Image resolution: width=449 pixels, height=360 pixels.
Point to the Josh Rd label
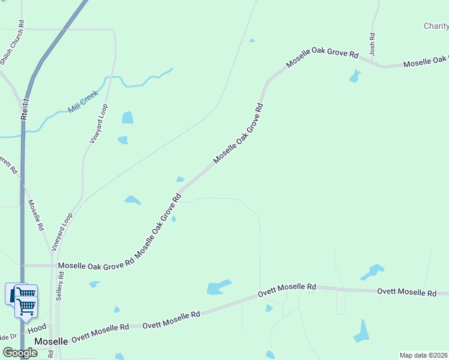pyautogui.click(x=372, y=45)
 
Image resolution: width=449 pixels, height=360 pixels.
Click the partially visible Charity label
pyautogui.click(x=436, y=26)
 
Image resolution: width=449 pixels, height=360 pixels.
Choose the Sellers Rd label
pyautogui.click(x=61, y=281)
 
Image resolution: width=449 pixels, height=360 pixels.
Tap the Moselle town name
pyautogui.click(x=51, y=341)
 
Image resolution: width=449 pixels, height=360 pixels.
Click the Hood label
pyautogui.click(x=38, y=329)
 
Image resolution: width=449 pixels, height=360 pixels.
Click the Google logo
pyautogui.click(x=20, y=353)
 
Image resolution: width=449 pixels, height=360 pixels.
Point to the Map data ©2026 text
pyautogui.click(x=424, y=355)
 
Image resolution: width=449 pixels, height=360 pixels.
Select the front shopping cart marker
pyautogui.click(x=26, y=306)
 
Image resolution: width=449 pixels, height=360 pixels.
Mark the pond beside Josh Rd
pyautogui.click(x=355, y=76)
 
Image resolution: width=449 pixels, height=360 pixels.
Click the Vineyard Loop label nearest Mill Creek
pyautogui.click(x=98, y=124)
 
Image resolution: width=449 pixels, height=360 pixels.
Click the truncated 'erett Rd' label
pyautogui.click(x=8, y=166)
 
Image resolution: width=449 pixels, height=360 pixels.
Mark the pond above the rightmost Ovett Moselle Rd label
pyautogui.click(x=372, y=272)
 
